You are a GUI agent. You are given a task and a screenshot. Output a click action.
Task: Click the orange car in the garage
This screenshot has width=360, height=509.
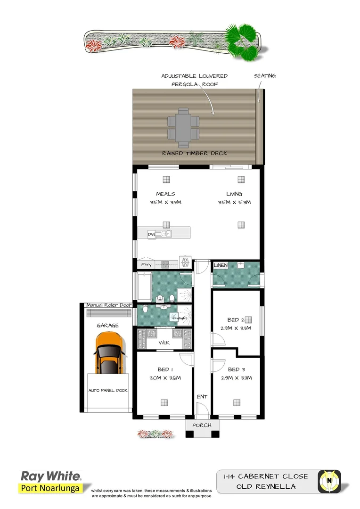pos(109,353)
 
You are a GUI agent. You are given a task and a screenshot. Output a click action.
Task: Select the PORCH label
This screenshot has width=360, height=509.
pos(202,425)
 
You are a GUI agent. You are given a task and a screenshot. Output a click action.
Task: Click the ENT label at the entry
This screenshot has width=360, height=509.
pos(202,397)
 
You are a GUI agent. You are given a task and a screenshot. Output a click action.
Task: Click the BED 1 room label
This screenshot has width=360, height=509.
pos(165,369)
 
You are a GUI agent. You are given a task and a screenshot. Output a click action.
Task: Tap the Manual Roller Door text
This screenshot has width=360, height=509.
pos(108,305)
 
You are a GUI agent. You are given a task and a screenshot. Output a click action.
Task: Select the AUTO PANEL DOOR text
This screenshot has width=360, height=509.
pos(108,390)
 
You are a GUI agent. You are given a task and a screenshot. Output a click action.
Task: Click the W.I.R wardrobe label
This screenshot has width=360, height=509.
pos(164,342)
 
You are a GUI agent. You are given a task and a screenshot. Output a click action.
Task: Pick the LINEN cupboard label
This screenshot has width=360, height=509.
pos(221,265)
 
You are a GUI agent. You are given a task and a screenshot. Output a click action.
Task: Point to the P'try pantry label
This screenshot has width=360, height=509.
pos(147,265)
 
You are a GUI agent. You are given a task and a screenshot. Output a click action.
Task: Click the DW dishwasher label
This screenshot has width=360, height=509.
pos(151,234)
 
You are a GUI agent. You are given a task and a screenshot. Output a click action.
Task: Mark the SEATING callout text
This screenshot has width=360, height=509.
pos(265,76)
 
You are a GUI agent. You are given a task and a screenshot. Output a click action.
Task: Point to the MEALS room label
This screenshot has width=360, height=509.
pos(165,194)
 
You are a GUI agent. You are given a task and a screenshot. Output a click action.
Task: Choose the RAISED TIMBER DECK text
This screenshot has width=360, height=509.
pos(194,153)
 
